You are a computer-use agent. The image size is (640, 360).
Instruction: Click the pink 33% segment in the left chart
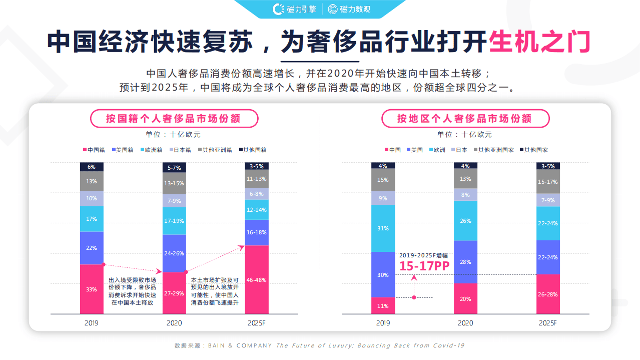pos(92,289)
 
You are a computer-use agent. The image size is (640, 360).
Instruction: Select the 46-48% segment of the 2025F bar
pos(257,279)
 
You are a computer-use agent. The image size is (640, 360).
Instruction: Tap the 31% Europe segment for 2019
pos(383,228)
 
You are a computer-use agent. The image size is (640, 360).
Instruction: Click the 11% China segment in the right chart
pos(383,305)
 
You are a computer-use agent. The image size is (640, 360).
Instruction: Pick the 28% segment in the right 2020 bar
pos(465,262)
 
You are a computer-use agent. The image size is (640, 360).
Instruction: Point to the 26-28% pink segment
pos(548,294)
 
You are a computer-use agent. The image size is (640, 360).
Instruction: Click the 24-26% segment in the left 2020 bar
pos(174,253)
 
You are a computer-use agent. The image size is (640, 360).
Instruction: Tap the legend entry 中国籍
pos(93,150)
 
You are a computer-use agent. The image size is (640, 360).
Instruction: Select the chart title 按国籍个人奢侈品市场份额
pos(174,119)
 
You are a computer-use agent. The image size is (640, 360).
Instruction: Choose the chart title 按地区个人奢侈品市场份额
pos(465,119)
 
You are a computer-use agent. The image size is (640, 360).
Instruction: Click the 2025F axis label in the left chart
pos(257,323)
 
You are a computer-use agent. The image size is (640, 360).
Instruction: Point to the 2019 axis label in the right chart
pos(383,323)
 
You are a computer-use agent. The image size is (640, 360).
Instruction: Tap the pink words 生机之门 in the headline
pos(539,42)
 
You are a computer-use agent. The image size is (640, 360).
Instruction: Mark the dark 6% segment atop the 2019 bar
pos(92,167)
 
